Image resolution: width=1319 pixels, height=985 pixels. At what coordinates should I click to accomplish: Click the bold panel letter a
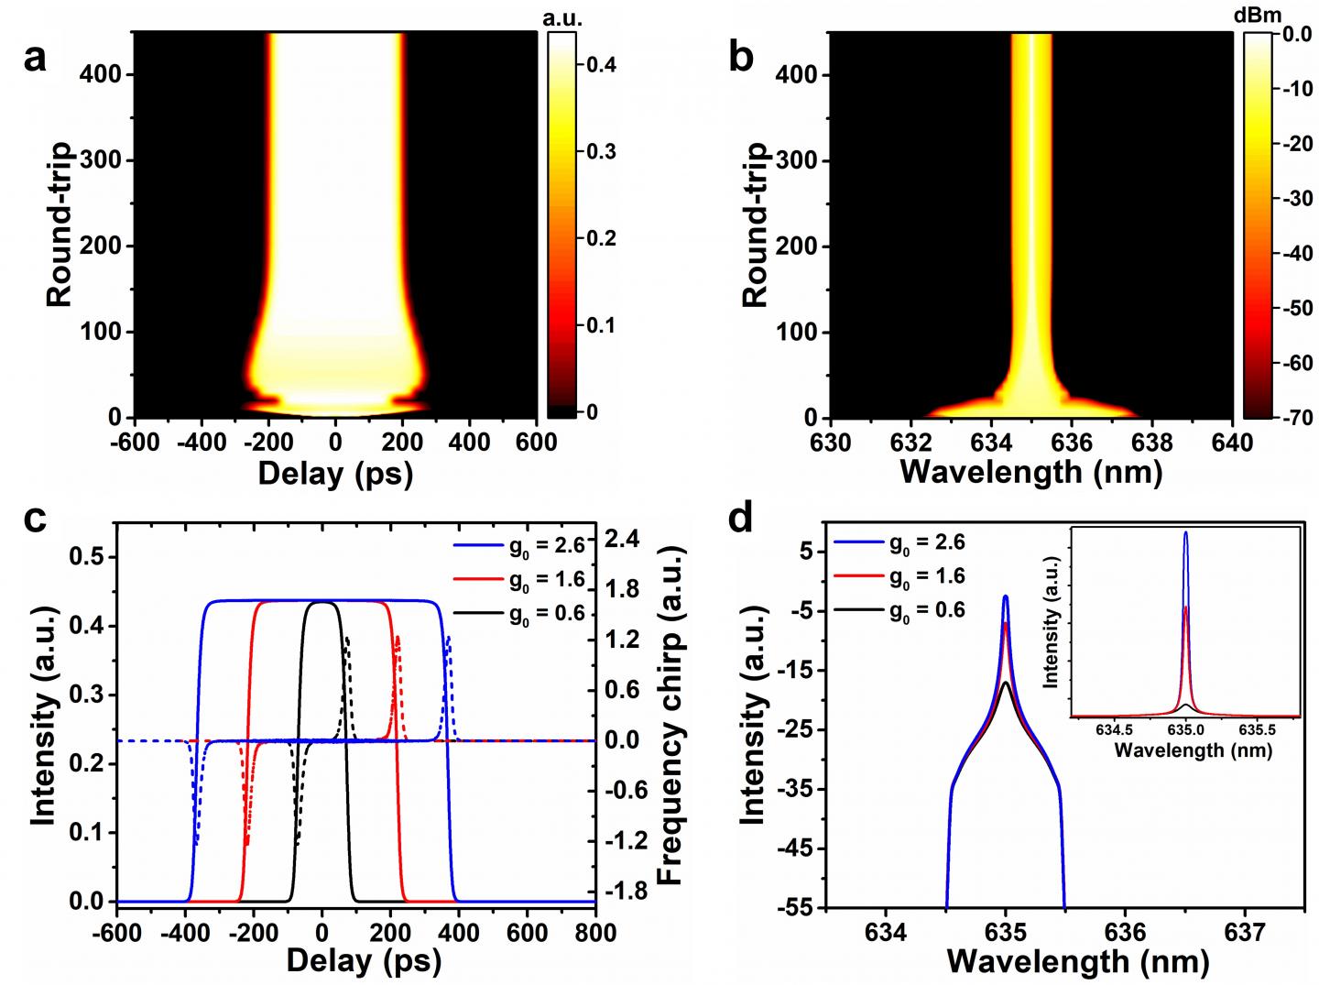(34, 60)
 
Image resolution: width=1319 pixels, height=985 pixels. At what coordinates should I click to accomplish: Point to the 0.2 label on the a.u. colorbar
(600, 239)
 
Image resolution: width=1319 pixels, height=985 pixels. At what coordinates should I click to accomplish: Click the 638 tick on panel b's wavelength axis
(1152, 442)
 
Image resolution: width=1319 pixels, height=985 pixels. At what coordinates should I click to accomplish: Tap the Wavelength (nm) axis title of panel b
(1031, 472)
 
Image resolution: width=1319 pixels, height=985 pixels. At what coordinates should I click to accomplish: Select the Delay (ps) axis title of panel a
(335, 472)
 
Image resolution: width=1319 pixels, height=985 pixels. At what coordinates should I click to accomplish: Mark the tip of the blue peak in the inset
(1186, 532)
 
